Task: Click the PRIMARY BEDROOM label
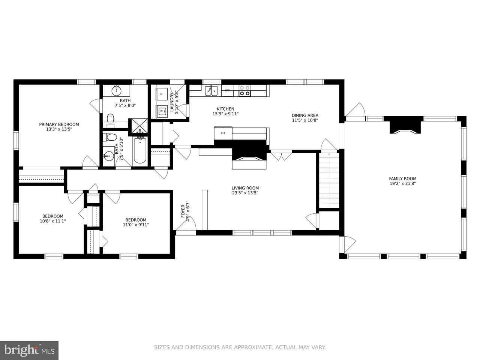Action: [x=59, y=124]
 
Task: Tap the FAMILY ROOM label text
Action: [x=403, y=178]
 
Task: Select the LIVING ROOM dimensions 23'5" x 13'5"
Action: [x=245, y=193]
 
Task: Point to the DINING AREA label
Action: [x=305, y=115]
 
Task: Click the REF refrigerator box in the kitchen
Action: [x=223, y=133]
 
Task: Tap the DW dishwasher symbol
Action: [x=227, y=90]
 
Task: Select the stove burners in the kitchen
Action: [x=245, y=90]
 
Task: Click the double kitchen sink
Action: [x=211, y=91]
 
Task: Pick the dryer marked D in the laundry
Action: [x=162, y=94]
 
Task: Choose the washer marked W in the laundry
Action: [x=162, y=111]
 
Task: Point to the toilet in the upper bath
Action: [x=111, y=120]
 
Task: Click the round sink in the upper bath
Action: [x=116, y=90]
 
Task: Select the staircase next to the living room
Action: [x=329, y=180]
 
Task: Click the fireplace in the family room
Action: [x=405, y=126]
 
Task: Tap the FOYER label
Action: [x=183, y=211]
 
